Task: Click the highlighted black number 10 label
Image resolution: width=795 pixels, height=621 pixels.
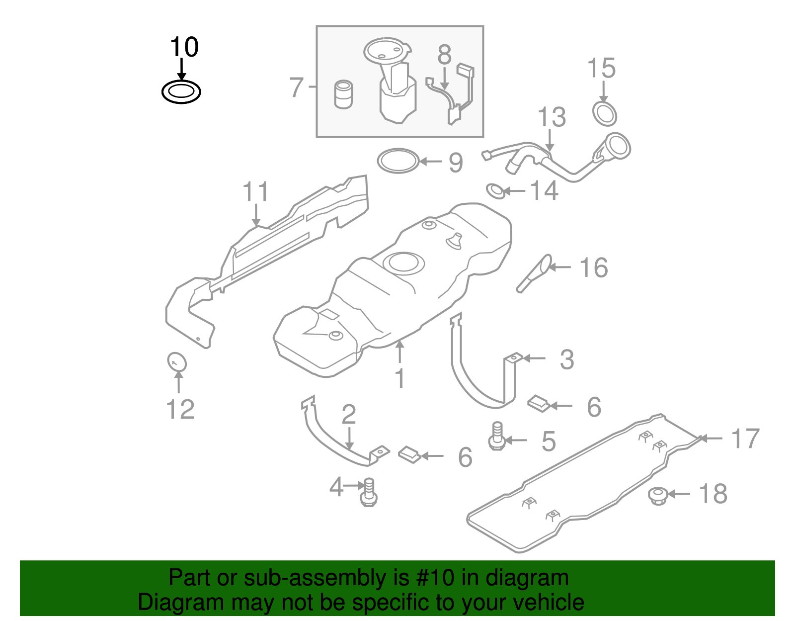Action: [184, 47]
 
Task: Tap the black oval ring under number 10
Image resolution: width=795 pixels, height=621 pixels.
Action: [181, 92]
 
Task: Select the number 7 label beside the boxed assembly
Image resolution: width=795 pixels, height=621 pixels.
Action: [296, 88]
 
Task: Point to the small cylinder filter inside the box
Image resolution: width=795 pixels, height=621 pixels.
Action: [343, 94]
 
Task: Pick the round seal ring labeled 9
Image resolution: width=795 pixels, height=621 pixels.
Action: [398, 161]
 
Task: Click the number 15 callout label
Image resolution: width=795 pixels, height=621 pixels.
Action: [601, 68]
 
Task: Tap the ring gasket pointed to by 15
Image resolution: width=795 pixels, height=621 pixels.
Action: [605, 114]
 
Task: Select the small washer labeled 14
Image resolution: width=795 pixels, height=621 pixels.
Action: [495, 190]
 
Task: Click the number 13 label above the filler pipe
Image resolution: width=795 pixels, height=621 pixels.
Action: [552, 117]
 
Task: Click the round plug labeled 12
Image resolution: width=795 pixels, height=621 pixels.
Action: [176, 361]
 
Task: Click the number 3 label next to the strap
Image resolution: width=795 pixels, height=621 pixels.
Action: [567, 359]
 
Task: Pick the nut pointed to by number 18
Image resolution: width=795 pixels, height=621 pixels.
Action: [658, 495]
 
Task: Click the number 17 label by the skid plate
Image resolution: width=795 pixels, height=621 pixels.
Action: [745, 439]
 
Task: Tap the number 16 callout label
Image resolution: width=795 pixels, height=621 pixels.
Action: [594, 268]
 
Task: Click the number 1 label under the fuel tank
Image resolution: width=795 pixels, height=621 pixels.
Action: [400, 378]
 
